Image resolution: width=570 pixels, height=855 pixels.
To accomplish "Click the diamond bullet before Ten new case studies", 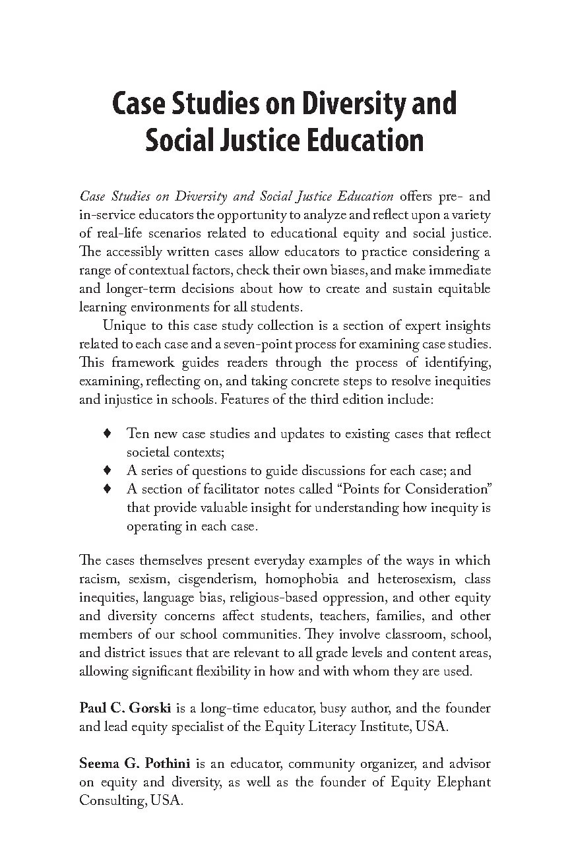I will point(107,434).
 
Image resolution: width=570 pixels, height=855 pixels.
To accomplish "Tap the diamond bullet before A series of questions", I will point(107,471).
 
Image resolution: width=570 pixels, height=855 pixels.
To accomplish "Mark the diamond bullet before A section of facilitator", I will point(107,490).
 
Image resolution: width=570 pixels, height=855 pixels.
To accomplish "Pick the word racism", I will point(99,579).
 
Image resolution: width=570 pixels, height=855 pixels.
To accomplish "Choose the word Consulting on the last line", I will point(109,801).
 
